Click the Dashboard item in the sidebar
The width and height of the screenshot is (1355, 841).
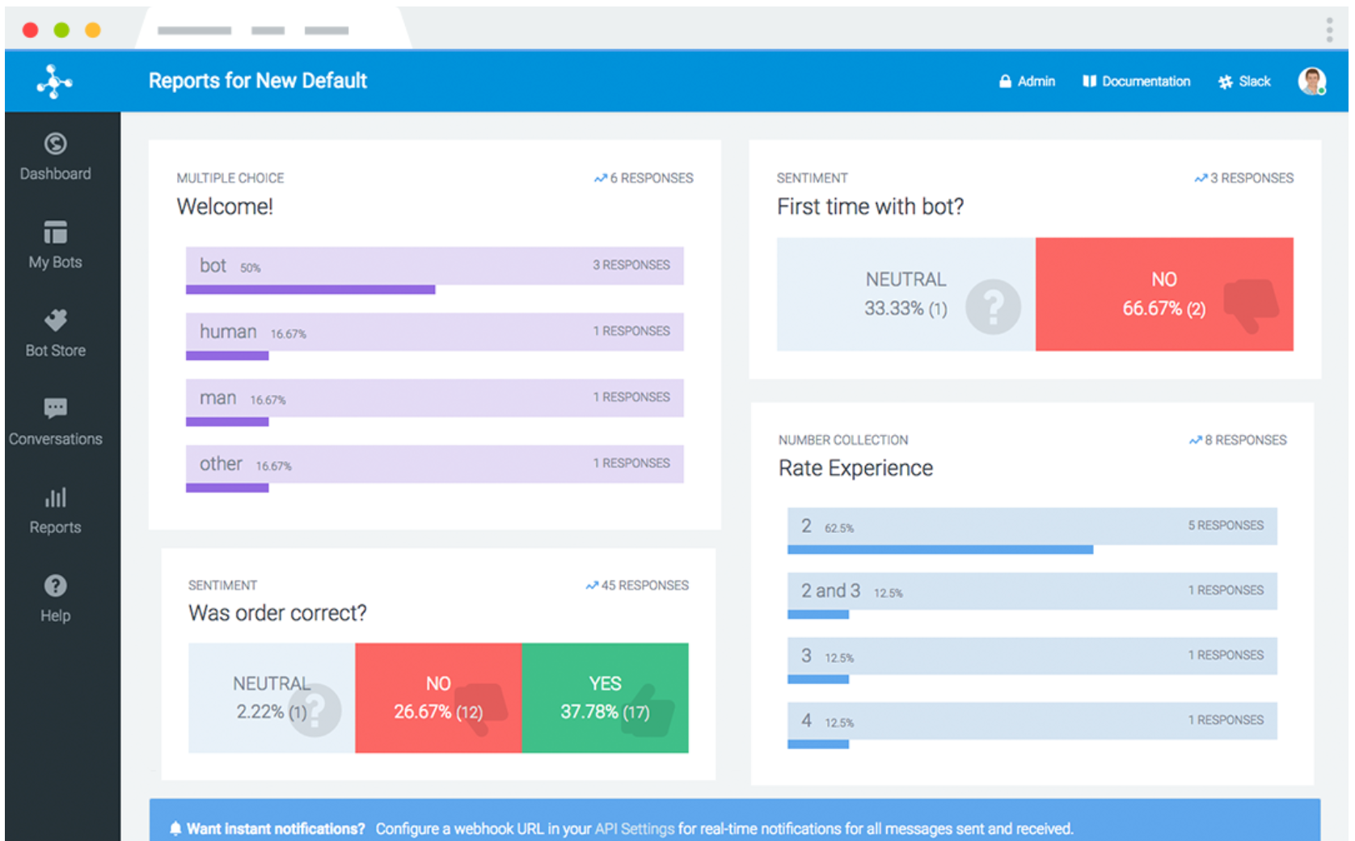[x=55, y=158]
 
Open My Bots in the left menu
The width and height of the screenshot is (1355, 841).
[x=55, y=245]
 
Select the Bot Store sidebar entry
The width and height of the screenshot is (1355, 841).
[x=55, y=333]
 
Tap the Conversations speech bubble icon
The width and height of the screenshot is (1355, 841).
[x=55, y=408]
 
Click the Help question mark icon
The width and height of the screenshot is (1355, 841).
[x=55, y=585]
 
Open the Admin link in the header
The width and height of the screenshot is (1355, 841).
[x=1028, y=82]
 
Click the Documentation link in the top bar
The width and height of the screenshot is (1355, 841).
[x=1137, y=82]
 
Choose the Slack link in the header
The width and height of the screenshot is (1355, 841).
[x=1245, y=82]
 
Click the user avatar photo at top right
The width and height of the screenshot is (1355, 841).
[x=1311, y=81]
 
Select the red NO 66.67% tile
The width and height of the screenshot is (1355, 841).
[x=1163, y=294]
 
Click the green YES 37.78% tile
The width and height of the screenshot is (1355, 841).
[x=605, y=698]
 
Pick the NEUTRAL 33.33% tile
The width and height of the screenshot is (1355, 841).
[x=905, y=294]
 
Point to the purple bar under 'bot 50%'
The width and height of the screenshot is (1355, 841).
[x=310, y=289]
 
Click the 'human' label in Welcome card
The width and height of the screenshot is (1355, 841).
[x=228, y=332]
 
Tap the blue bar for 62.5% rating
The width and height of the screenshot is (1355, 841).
[x=939, y=550]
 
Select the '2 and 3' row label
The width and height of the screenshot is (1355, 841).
[x=830, y=591]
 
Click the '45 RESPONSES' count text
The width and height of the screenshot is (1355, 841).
[x=644, y=585]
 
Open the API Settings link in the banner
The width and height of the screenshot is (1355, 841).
[x=634, y=829]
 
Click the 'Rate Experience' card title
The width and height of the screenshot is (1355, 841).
[x=855, y=468]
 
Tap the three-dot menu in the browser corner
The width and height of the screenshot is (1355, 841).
[x=1329, y=30]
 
